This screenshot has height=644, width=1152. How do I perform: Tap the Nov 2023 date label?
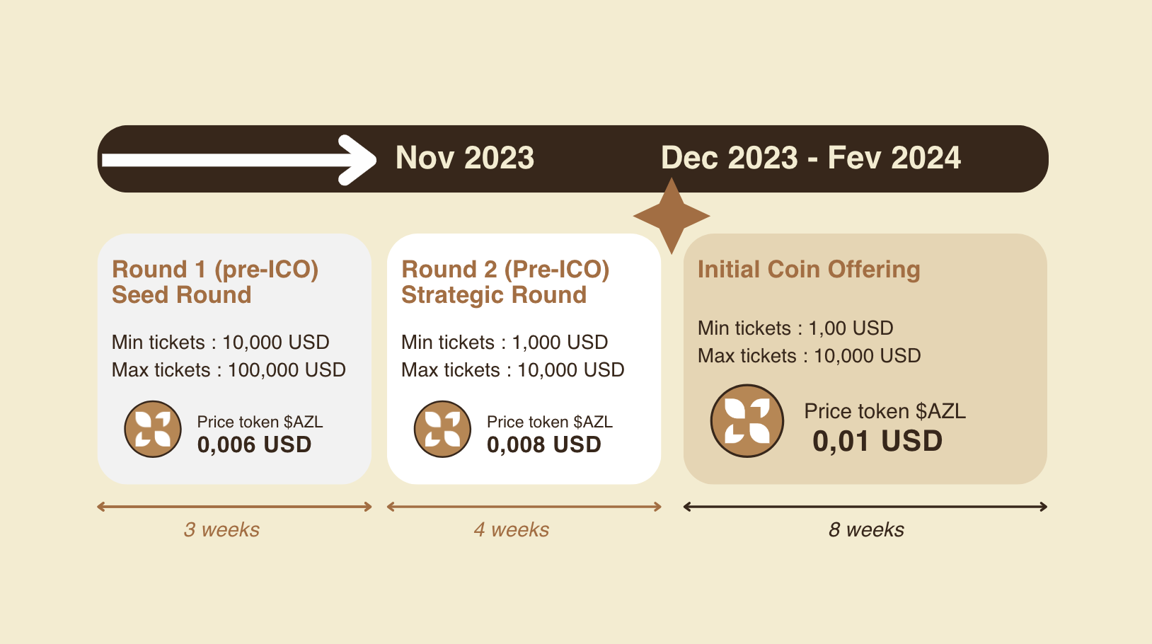pyautogui.click(x=465, y=157)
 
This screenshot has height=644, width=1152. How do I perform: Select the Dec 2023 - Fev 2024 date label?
pyautogui.click(x=811, y=157)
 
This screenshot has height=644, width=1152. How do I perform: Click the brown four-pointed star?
pyautogui.click(x=672, y=216)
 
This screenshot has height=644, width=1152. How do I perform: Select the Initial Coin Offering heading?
pyautogui.click(x=809, y=270)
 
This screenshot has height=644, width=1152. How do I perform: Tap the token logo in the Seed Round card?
pyautogui.click(x=153, y=429)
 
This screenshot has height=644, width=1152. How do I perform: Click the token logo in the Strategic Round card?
pyautogui.click(x=442, y=429)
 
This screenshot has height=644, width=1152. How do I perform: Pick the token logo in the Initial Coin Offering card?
pyautogui.click(x=747, y=421)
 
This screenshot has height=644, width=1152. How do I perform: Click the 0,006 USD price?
pyautogui.click(x=254, y=445)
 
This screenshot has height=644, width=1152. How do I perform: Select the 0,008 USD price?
pyautogui.click(x=544, y=445)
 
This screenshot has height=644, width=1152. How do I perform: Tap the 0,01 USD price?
pyautogui.click(x=877, y=442)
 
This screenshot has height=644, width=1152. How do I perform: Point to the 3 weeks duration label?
pyautogui.click(x=221, y=529)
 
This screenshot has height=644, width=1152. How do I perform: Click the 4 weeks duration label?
pyautogui.click(x=511, y=529)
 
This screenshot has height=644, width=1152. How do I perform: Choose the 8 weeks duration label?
pyautogui.click(x=866, y=529)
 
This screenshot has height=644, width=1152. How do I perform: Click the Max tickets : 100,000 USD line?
pyautogui.click(x=229, y=370)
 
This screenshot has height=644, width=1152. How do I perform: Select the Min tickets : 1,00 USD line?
pyautogui.click(x=795, y=328)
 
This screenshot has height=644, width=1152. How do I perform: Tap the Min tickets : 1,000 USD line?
pyautogui.click(x=505, y=343)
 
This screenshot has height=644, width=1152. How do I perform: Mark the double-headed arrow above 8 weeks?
pyautogui.click(x=865, y=507)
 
